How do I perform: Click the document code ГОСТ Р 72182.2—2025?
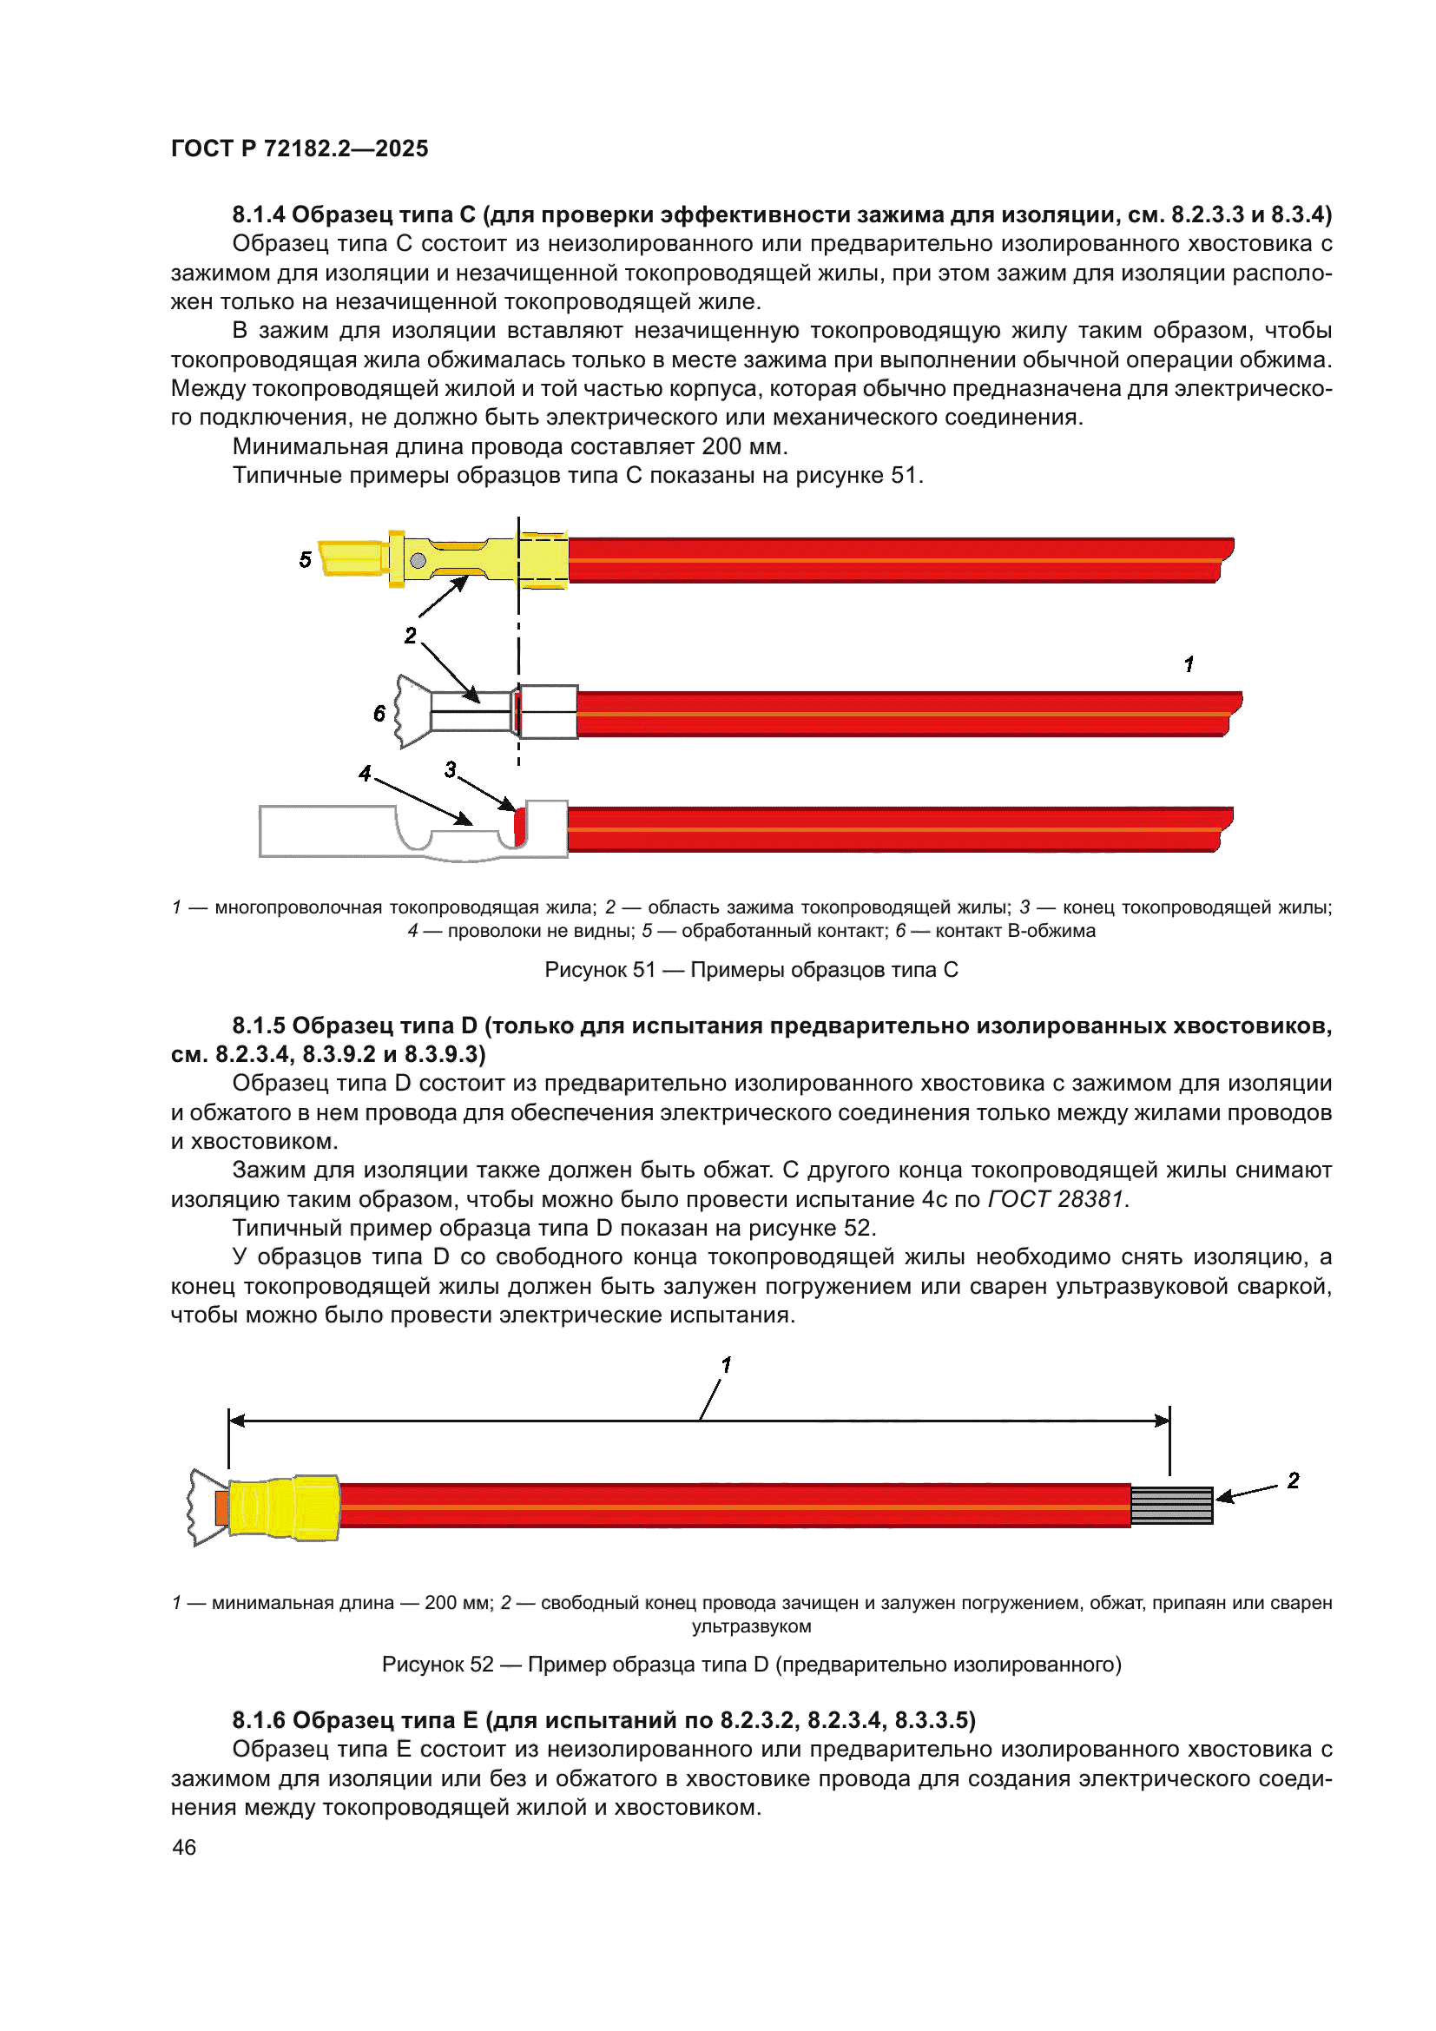(299, 148)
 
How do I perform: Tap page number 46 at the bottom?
(184, 1847)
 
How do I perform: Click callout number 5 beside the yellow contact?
(305, 559)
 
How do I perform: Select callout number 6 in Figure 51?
(379, 713)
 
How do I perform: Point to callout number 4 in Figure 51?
(365, 773)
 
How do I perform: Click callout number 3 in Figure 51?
(450, 769)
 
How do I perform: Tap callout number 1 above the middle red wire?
(1189, 663)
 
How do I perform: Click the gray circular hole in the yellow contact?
(418, 560)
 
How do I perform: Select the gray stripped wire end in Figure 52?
(1171, 1506)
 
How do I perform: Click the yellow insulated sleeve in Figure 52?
(283, 1507)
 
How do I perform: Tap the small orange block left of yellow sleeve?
(221, 1507)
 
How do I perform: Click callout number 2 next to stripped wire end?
(1293, 1480)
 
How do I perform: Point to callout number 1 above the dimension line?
(726, 1365)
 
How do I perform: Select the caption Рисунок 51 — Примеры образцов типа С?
(751, 970)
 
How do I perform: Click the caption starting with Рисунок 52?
(751, 1664)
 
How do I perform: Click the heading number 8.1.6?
(258, 1719)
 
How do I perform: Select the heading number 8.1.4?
(258, 214)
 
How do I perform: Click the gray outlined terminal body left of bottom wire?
(327, 832)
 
